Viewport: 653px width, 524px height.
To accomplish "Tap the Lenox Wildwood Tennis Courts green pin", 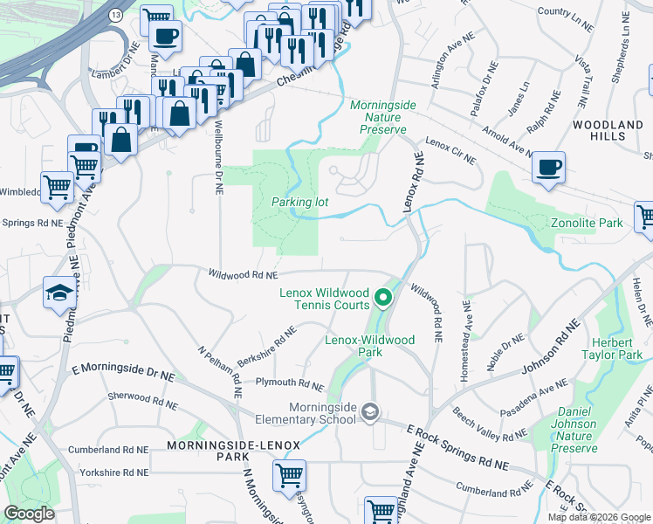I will (x=381, y=300).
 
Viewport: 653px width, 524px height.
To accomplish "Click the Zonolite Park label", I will (x=587, y=224).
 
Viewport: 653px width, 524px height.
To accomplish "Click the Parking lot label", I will (x=299, y=202).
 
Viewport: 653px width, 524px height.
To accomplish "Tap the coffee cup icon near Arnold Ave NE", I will (x=548, y=168).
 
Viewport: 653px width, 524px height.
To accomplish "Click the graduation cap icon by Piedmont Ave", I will (x=59, y=292).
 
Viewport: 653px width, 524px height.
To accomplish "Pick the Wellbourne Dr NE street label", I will (x=218, y=158).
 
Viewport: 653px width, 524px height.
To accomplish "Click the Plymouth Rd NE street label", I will (x=289, y=383).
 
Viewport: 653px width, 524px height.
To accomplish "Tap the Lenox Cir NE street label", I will (x=450, y=150).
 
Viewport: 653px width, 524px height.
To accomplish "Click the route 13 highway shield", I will (x=116, y=16).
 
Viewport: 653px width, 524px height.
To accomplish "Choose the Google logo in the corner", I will (x=30, y=514).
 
